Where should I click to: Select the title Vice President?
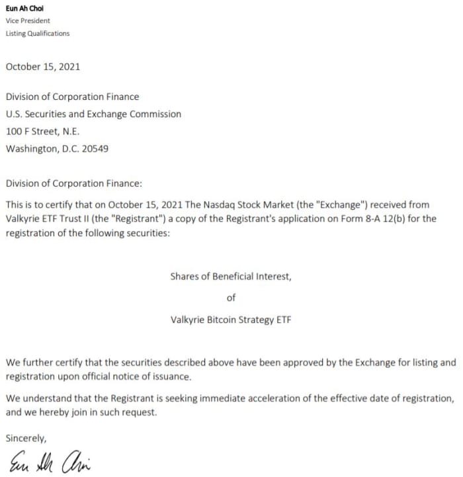click(28, 21)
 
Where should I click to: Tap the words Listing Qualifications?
click(37, 33)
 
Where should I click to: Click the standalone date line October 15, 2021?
click(43, 66)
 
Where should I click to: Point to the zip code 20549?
click(95, 148)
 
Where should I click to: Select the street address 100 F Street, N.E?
click(42, 131)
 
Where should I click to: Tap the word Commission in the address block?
click(150, 114)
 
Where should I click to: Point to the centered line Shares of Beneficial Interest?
click(230, 277)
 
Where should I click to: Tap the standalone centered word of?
click(231, 298)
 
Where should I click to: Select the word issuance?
click(172, 377)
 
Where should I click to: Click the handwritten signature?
click(50, 461)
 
